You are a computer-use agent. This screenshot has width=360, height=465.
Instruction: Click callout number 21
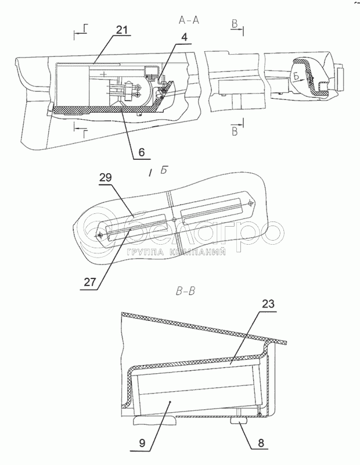coord(121,30)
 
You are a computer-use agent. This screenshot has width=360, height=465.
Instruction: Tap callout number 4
coord(184,37)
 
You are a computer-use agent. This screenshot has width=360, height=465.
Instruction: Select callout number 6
coord(142,152)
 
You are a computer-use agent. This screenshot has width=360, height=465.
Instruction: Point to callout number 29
coord(106,178)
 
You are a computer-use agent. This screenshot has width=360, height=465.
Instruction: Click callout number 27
coord(91,282)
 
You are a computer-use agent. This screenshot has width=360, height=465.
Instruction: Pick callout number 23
coord(268,304)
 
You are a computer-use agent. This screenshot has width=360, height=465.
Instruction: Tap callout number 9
coord(142,443)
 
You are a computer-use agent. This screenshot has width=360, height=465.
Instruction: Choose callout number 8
coord(261,443)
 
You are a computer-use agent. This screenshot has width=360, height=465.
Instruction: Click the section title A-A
coord(189,20)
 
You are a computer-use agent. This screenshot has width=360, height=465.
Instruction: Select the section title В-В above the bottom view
coord(185,292)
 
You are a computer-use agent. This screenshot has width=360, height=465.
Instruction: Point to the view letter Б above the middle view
coord(164,171)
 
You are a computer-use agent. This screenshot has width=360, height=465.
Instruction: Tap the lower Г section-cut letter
coord(85,135)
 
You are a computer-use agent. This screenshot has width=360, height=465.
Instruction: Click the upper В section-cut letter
coord(235,24)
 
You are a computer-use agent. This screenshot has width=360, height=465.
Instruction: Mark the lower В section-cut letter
coord(235,131)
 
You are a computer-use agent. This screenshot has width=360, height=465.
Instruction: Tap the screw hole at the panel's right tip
coord(251,203)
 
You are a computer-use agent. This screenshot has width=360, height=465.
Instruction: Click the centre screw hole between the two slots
coord(174,220)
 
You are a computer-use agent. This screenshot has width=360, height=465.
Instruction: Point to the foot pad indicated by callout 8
coord(239,422)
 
